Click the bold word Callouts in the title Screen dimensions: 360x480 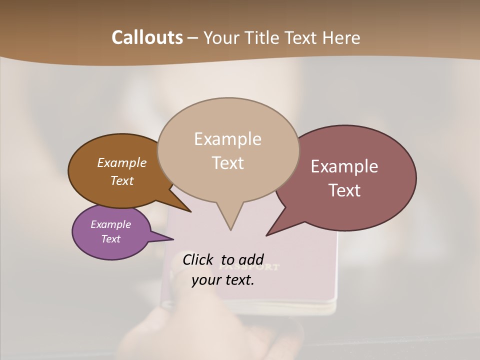(147, 37)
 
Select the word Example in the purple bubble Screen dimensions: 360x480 (110, 224)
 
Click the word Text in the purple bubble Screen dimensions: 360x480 (110, 239)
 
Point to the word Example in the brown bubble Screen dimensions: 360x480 (121, 162)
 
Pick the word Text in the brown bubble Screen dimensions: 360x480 (121, 180)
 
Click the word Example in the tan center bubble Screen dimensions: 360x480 (227, 138)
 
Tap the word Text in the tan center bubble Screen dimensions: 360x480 (227, 163)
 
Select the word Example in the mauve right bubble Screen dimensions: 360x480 (344, 166)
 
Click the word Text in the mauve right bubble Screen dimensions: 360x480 (344, 190)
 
